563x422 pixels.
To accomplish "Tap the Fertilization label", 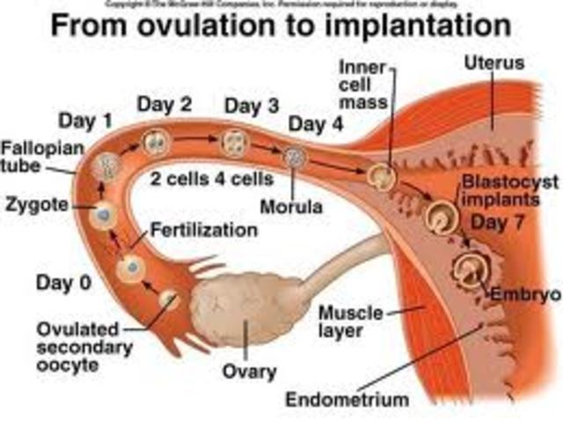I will pos(204,231).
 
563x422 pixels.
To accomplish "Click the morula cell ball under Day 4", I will pos(294,157).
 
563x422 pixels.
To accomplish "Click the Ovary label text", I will pos(250,371).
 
